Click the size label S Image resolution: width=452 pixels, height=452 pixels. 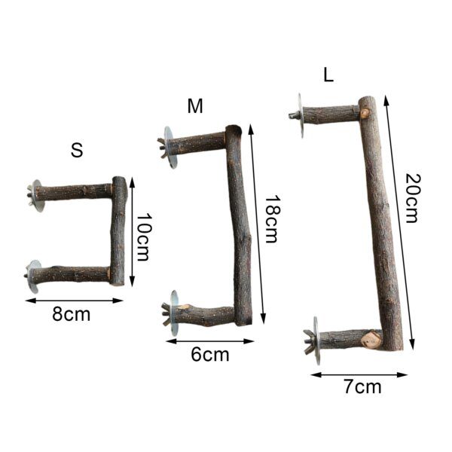(76, 150)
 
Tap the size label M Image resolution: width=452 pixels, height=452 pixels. (195, 106)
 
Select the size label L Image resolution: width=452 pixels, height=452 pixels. (328, 75)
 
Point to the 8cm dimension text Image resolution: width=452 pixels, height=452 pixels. (71, 314)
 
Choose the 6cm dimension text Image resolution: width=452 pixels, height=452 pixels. (210, 355)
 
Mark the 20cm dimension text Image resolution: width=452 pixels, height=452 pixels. (411, 197)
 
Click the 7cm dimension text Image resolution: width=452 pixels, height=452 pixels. (362, 387)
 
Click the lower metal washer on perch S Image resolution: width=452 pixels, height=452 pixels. (35, 276)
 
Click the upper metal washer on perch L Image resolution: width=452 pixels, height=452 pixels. (300, 115)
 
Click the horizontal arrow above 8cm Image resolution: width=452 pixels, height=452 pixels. (74, 300)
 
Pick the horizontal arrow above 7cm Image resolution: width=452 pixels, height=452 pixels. (359, 374)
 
